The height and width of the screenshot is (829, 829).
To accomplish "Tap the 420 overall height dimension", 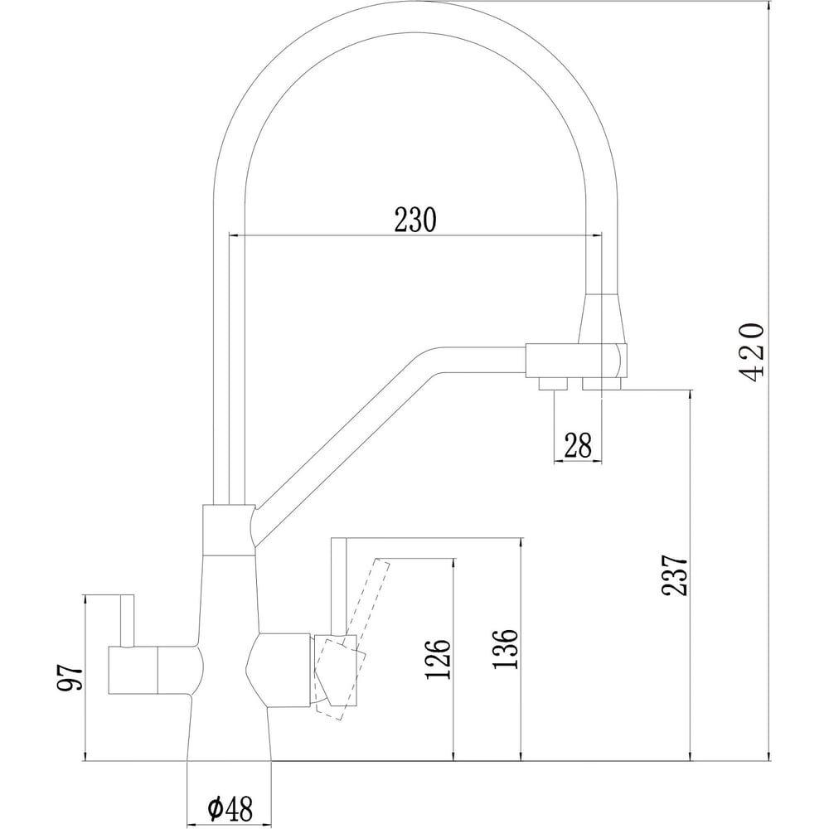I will [x=754, y=351].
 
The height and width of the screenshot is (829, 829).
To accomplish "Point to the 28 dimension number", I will [x=577, y=447].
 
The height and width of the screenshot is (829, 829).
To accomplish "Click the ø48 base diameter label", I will [x=230, y=805].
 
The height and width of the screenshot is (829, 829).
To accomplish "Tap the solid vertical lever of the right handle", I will [x=338, y=584].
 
